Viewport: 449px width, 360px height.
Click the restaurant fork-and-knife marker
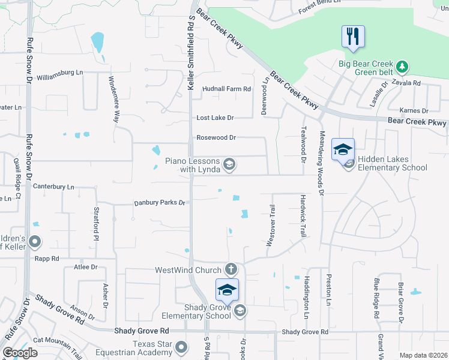coord(352,36)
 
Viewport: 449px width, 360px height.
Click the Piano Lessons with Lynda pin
coord(229,164)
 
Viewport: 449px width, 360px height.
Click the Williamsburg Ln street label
coord(59,73)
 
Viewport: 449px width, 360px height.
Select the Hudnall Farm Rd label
coord(226,89)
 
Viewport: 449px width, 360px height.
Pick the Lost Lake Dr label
coord(215,118)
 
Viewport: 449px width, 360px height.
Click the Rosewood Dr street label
coord(216,137)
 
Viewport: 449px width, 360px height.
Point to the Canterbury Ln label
coord(53,187)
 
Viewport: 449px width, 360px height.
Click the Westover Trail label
coord(271,225)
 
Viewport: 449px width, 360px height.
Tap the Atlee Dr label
coord(85,267)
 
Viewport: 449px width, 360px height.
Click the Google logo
coord(20,353)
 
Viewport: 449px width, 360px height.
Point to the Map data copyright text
coord(423,355)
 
